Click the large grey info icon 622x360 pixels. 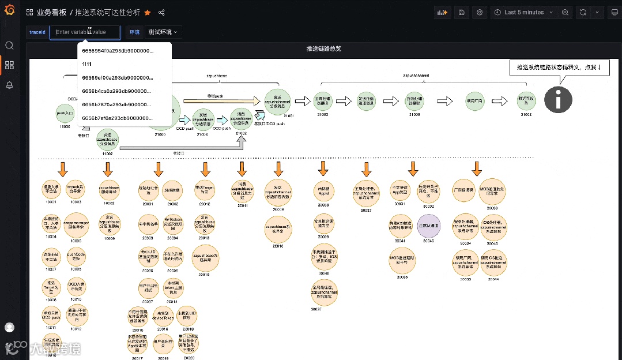(558, 99)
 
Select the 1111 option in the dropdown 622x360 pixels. (88, 64)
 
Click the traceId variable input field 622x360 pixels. (85, 32)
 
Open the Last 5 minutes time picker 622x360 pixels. (523, 12)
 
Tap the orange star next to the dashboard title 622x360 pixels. (148, 12)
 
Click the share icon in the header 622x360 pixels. (161, 12)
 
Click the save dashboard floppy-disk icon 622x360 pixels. (461, 12)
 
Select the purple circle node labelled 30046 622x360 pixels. (428, 225)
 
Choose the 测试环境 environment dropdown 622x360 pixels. (162, 32)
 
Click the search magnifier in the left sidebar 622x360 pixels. (9, 46)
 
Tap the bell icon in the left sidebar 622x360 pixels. (9, 85)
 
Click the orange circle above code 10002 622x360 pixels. (109, 191)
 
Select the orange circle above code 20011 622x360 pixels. (243, 191)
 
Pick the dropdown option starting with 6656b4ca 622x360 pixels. (118, 91)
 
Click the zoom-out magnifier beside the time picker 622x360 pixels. (566, 12)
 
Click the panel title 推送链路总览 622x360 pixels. (323, 49)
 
